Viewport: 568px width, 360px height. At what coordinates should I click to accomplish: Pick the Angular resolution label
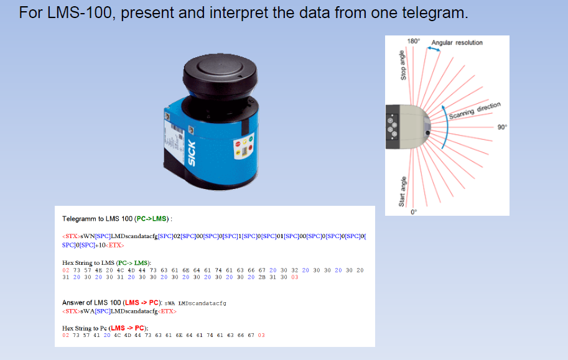click(x=457, y=42)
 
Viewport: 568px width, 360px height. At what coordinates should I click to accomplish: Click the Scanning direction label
click(x=475, y=111)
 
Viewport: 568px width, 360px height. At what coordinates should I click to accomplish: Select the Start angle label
click(x=402, y=191)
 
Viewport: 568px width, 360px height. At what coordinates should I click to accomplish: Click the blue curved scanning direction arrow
click(x=444, y=124)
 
